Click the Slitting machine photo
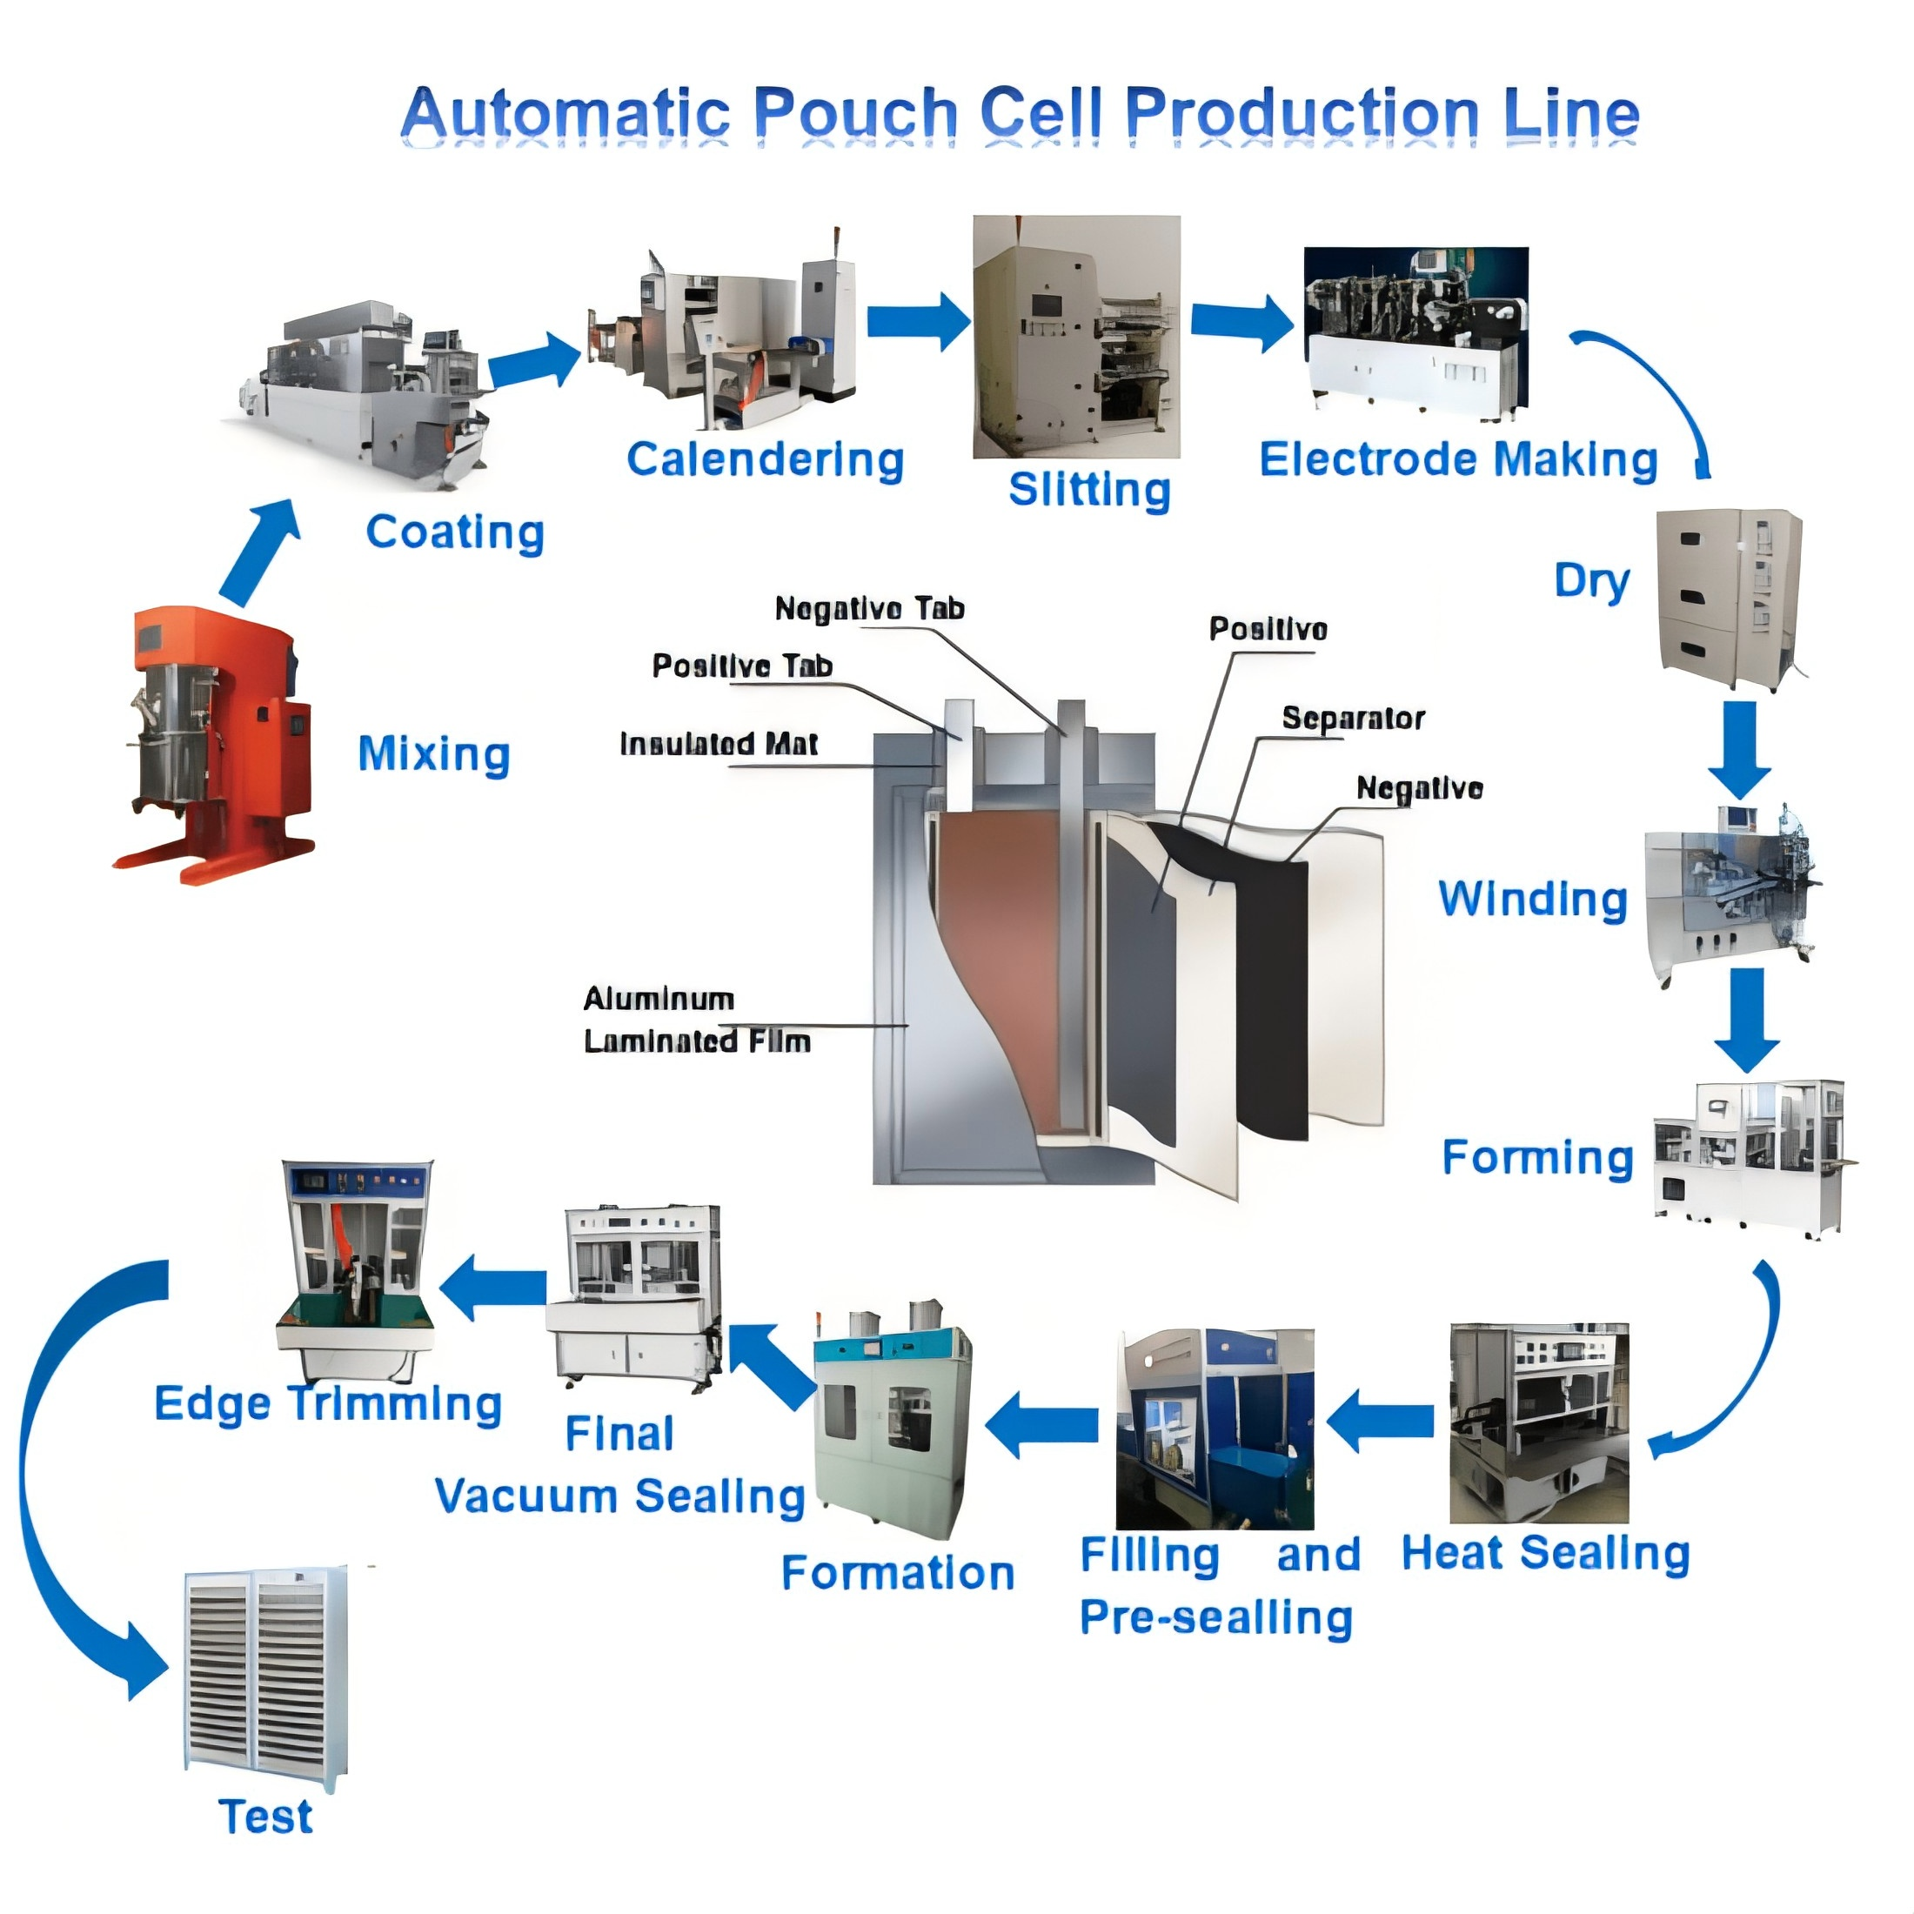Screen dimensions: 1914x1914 pos(1076,337)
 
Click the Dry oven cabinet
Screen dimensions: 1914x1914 pos(1729,599)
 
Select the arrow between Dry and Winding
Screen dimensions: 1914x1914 pos(1740,749)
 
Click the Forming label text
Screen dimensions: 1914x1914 pos(1536,1157)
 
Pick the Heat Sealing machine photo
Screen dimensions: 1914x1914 pos(1538,1422)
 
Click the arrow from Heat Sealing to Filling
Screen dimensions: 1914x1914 pos(1379,1421)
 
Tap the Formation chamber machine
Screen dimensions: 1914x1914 pos(892,1421)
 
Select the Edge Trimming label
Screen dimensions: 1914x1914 pos(328,1404)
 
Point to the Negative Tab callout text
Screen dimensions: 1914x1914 pos(869,608)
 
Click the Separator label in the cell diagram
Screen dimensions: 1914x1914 pos(1352,719)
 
